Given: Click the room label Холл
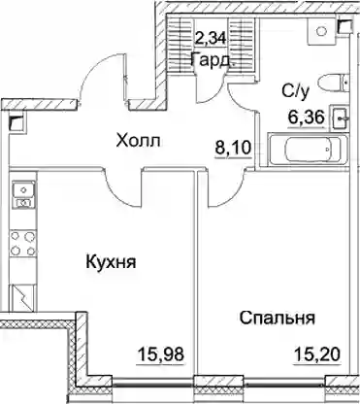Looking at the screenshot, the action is click(x=138, y=141).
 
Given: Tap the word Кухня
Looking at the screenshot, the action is click(x=111, y=261).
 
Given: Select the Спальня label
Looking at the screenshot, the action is click(x=277, y=318).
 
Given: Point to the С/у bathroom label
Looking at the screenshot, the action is click(x=296, y=92).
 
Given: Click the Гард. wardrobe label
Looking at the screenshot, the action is click(x=213, y=60).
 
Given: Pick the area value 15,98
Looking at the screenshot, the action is click(x=160, y=354).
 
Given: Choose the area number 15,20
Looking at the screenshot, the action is click(x=317, y=354).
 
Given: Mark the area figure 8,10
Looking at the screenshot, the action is click(x=233, y=149).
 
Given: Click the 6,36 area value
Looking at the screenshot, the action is click(x=307, y=118).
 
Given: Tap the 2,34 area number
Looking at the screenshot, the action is click(x=212, y=39).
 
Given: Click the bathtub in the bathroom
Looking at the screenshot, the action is click(x=308, y=150).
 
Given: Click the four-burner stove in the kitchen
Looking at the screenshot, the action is click(x=23, y=244).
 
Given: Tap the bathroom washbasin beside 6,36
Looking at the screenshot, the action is click(x=340, y=118).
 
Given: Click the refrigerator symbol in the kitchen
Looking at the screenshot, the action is click(x=23, y=298).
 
